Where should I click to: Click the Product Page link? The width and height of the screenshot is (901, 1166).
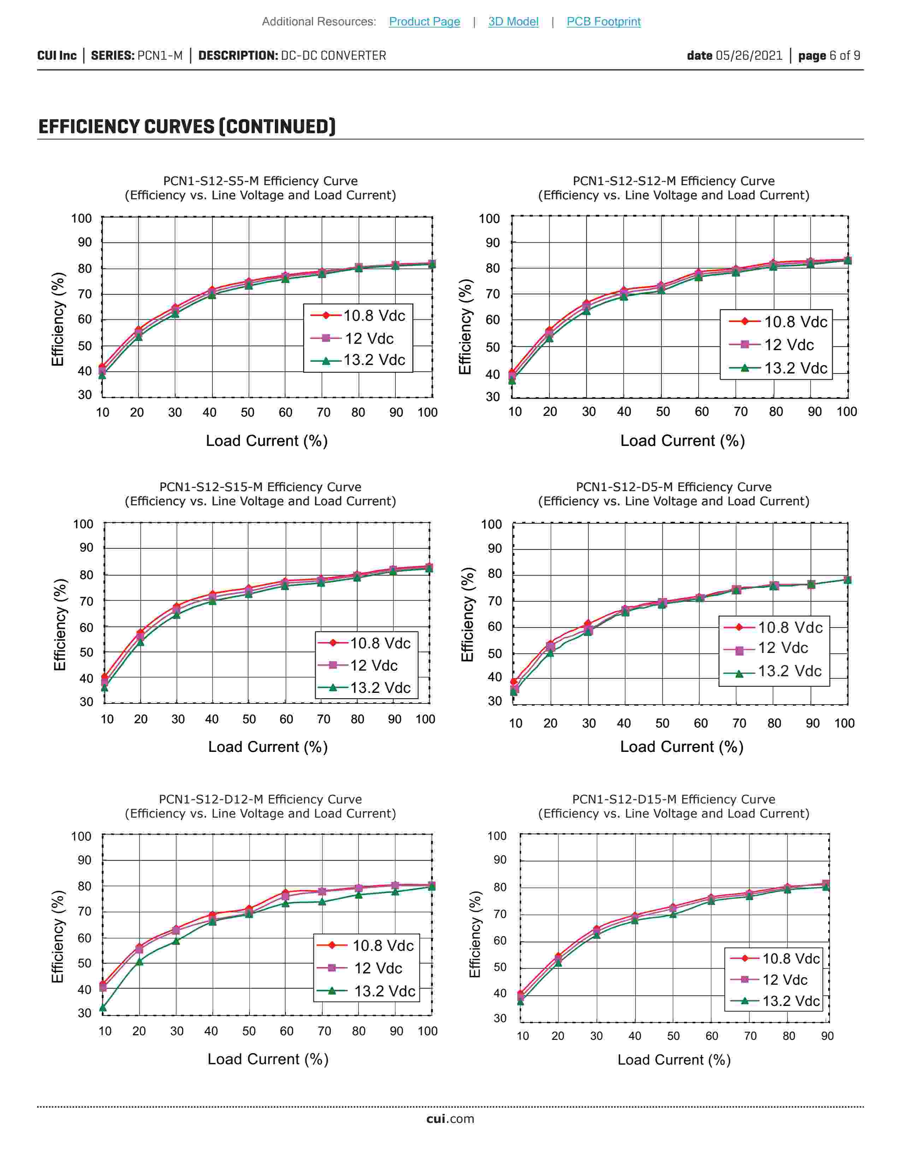(x=424, y=21)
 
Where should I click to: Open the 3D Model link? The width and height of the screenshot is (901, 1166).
(x=513, y=21)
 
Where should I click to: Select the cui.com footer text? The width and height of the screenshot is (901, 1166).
(x=450, y=1119)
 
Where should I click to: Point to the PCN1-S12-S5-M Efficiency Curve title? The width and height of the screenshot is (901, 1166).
(x=260, y=181)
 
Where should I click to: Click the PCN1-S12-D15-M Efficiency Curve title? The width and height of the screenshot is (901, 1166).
(x=673, y=799)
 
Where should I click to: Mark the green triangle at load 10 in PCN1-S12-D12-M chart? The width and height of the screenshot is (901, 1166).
(x=103, y=1008)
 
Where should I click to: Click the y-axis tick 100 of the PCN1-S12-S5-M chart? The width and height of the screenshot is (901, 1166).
(x=82, y=218)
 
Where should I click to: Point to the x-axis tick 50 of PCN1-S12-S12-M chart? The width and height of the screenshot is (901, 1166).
(x=663, y=412)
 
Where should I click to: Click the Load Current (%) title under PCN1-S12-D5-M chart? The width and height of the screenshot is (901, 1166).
(x=682, y=746)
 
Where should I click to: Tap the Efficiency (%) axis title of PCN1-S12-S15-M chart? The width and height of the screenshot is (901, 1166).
(x=60, y=625)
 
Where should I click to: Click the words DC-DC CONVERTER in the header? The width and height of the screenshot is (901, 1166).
(x=334, y=55)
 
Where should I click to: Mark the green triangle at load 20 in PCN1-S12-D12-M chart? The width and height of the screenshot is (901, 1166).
(x=139, y=961)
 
